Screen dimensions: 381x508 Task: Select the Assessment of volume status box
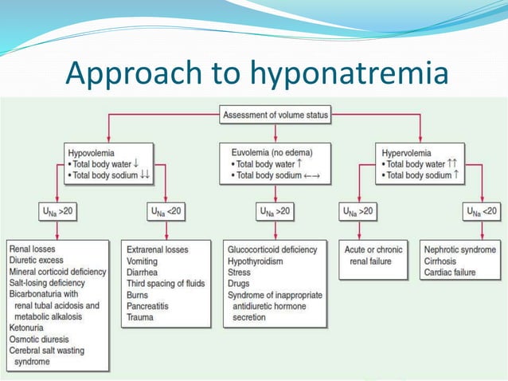click(275, 115)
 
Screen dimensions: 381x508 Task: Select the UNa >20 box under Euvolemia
click(275, 211)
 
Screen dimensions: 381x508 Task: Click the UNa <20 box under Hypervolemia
click(481, 211)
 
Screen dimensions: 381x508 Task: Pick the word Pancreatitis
click(152, 305)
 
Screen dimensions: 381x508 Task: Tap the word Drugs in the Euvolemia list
click(240, 283)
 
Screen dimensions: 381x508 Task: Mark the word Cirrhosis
click(444, 260)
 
